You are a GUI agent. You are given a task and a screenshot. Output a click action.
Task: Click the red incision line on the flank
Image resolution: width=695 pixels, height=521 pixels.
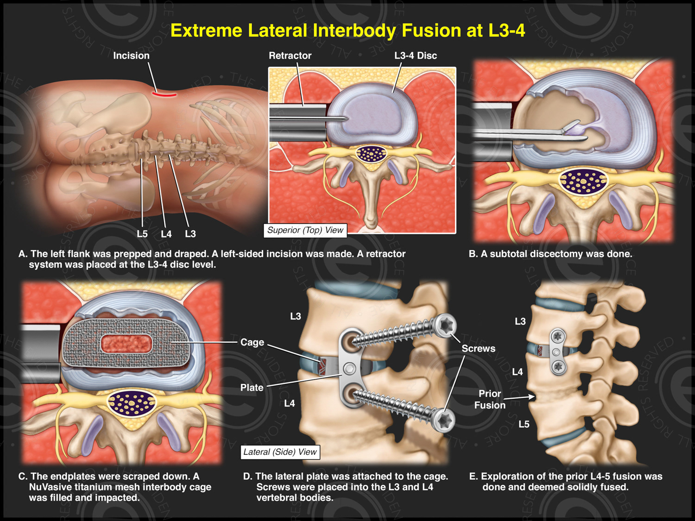(x=164, y=95)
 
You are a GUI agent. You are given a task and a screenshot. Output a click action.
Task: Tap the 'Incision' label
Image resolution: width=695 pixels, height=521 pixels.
(x=131, y=56)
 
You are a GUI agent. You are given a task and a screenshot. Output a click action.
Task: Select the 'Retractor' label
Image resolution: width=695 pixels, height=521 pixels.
(x=290, y=56)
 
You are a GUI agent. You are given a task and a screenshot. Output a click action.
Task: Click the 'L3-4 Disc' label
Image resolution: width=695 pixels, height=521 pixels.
(x=415, y=56)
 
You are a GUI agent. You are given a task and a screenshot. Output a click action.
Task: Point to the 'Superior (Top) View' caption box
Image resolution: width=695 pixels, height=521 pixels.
(x=305, y=230)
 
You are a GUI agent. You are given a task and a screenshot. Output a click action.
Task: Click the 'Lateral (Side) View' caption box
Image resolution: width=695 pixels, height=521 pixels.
(x=280, y=452)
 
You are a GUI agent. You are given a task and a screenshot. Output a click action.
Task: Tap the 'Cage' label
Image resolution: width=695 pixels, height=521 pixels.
(x=252, y=342)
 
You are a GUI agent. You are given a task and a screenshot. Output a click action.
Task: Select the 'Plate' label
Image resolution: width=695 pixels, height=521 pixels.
(x=252, y=388)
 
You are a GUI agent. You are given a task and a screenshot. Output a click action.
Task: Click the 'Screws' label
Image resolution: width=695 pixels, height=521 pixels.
(x=478, y=348)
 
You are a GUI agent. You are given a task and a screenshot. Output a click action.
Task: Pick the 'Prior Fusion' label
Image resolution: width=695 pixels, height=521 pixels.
(x=490, y=399)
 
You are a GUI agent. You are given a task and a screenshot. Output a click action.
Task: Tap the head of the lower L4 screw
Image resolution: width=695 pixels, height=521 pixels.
(x=444, y=421)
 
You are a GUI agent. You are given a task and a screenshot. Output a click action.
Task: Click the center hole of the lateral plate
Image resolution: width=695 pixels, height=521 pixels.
(x=350, y=369)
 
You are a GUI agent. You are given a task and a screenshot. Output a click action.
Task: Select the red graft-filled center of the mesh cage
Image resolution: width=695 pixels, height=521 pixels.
(x=126, y=344)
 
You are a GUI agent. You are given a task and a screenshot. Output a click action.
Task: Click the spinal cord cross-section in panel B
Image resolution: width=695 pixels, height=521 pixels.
(x=583, y=181)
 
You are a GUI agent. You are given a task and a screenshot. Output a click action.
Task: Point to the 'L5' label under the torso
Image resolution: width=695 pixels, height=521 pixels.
(x=142, y=234)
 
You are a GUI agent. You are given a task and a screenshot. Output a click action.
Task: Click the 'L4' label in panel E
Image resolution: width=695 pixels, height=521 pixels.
(x=517, y=372)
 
